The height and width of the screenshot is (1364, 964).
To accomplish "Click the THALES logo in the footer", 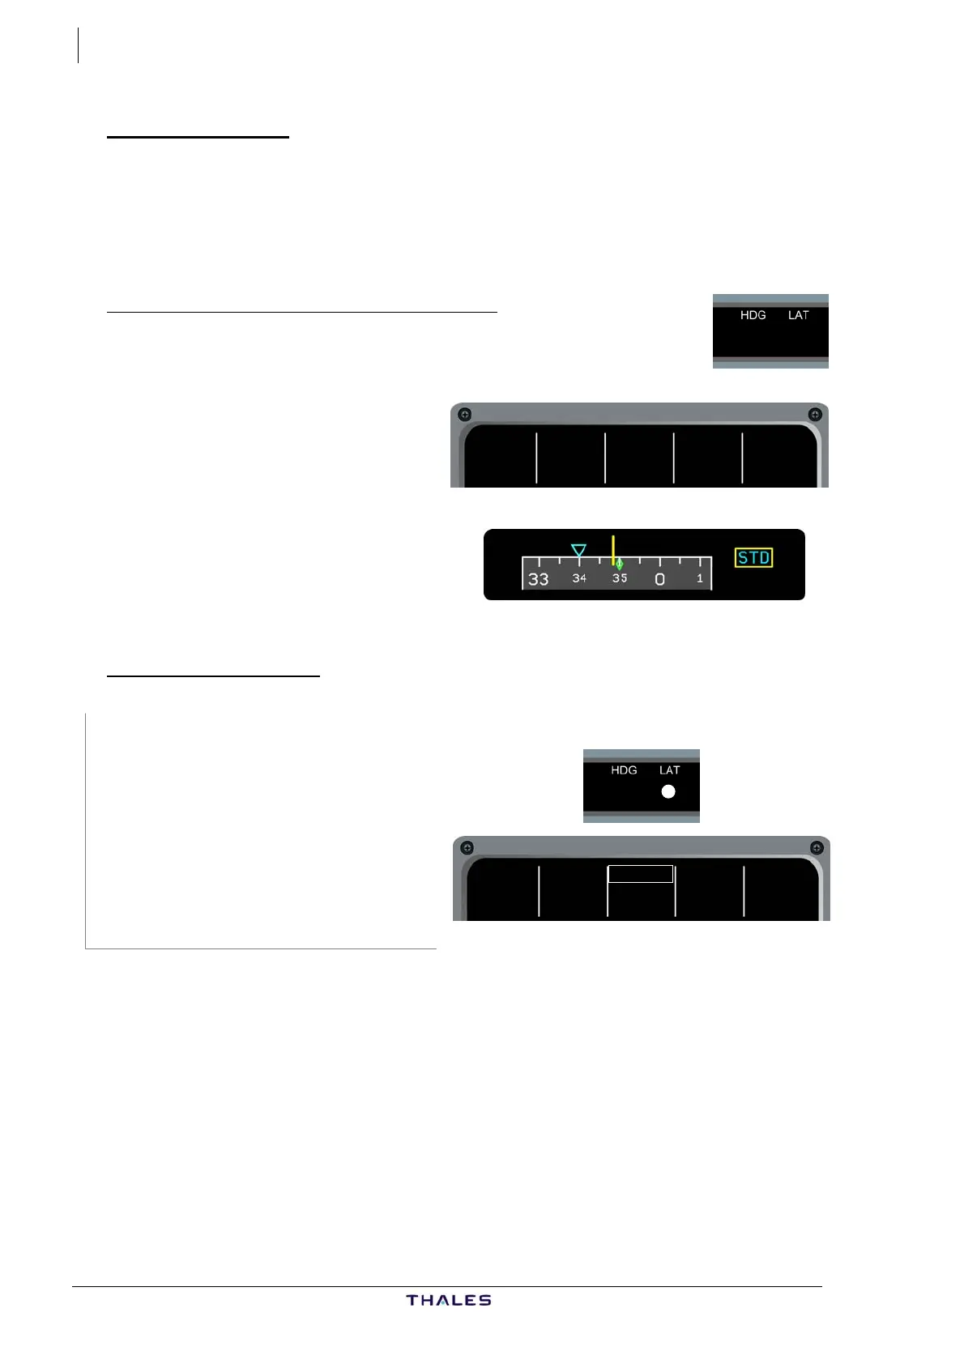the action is pyautogui.click(x=449, y=1300).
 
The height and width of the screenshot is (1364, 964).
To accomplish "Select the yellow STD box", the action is pyautogui.click(x=753, y=557).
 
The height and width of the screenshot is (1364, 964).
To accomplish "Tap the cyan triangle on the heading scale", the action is pyautogui.click(x=578, y=551).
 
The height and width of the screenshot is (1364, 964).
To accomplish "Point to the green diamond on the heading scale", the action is pyautogui.click(x=619, y=564).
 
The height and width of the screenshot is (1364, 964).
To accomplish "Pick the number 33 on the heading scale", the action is pyautogui.click(x=538, y=579).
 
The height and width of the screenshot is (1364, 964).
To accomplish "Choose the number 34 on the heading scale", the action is pyautogui.click(x=579, y=578).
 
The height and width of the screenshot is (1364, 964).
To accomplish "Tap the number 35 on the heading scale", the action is pyautogui.click(x=620, y=578).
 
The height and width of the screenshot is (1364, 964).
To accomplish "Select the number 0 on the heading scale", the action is pyautogui.click(x=659, y=579).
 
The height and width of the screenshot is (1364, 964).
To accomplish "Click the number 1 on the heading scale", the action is pyautogui.click(x=700, y=578).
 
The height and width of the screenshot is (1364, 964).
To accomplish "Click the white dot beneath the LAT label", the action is pyautogui.click(x=668, y=792).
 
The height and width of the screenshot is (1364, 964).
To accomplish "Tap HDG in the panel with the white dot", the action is pyautogui.click(x=624, y=770).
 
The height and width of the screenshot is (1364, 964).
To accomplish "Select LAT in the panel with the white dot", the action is pyautogui.click(x=669, y=770).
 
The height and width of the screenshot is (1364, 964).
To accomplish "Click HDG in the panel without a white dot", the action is pyautogui.click(x=753, y=315).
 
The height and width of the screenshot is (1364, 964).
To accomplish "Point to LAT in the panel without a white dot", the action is pyautogui.click(x=798, y=315).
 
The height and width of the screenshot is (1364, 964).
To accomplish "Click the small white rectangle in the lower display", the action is pyautogui.click(x=641, y=874).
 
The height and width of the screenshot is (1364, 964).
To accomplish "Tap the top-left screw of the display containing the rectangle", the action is pyautogui.click(x=467, y=848).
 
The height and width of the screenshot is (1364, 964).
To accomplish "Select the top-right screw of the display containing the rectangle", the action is pyautogui.click(x=817, y=848).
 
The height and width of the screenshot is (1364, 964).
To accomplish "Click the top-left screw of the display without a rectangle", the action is pyautogui.click(x=465, y=415).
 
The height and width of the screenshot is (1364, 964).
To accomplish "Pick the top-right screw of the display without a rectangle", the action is pyautogui.click(x=815, y=415).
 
